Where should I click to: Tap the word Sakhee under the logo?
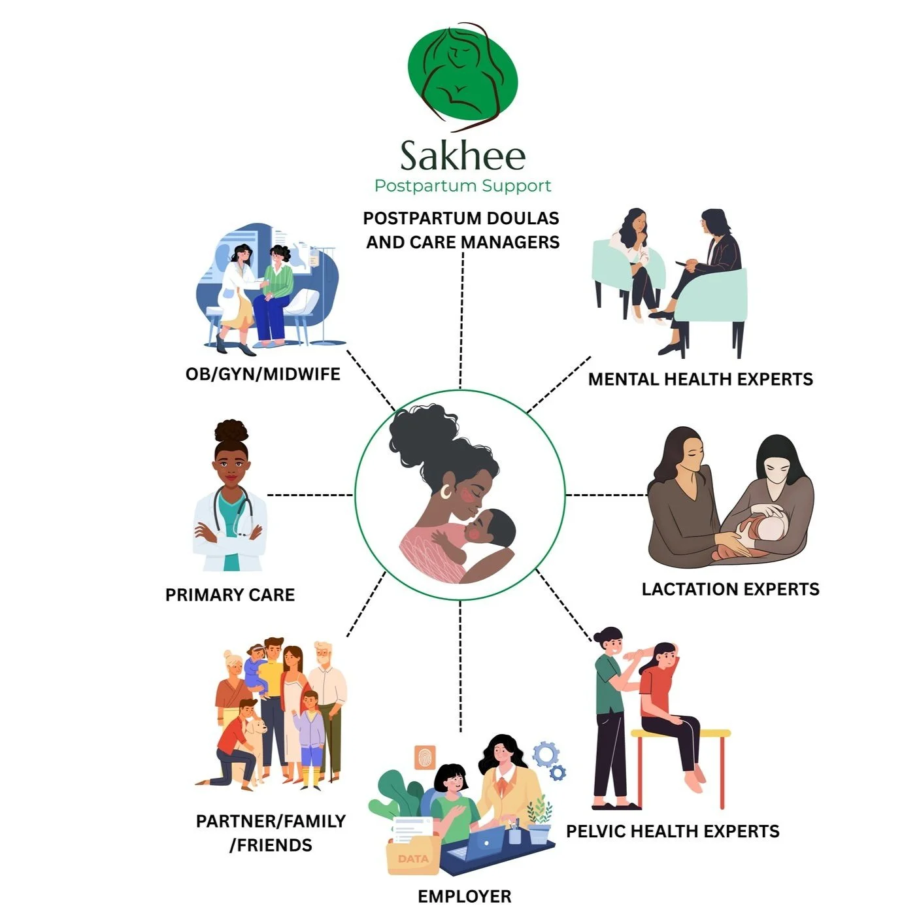(463, 156)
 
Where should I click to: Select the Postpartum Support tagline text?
(463, 186)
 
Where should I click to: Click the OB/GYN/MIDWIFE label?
(263, 374)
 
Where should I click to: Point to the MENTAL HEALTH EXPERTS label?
(700, 379)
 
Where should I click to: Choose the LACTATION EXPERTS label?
(730, 589)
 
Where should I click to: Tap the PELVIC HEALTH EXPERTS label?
(673, 831)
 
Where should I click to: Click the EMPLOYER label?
(464, 896)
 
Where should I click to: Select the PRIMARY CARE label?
(230, 595)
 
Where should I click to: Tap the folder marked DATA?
(412, 857)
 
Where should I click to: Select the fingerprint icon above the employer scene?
(426, 758)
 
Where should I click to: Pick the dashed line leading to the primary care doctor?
(310, 495)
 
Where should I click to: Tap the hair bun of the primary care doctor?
(232, 431)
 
